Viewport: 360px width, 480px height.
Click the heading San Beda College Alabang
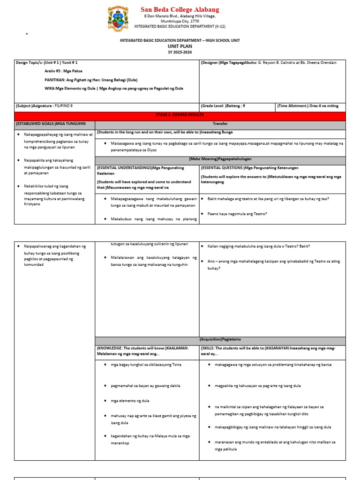(x=180, y=9)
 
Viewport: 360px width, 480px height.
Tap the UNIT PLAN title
(x=180, y=46)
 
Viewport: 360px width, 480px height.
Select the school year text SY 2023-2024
(x=180, y=52)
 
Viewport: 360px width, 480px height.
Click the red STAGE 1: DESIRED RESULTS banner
(x=180, y=115)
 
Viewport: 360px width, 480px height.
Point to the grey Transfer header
(x=220, y=123)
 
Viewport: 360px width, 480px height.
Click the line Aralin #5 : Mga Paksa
(x=67, y=71)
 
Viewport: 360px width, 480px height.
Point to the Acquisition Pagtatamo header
(x=220, y=339)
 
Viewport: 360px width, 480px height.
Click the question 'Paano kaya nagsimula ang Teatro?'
(x=237, y=214)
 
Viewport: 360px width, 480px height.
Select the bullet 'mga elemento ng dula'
(x=130, y=401)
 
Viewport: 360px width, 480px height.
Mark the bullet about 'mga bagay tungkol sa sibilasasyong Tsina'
(x=146, y=364)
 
